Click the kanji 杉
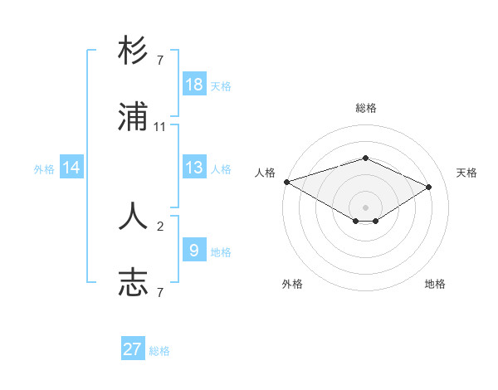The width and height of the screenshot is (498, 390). tap(133, 52)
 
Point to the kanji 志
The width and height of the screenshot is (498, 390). tap(133, 282)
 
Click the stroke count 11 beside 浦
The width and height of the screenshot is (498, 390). tap(160, 127)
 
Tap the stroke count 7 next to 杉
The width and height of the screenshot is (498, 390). tap(160, 61)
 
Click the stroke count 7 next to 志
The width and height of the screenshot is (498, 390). tap(160, 292)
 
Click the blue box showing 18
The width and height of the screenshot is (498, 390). tap(194, 85)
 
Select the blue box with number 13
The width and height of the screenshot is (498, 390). tap(194, 168)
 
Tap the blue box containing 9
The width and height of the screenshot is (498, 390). tap(194, 250)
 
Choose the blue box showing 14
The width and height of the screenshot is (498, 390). tap(71, 168)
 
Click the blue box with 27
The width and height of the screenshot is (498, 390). tap(133, 349)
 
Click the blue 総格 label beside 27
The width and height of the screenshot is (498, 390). tap(159, 351)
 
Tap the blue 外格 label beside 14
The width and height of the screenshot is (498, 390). tap(44, 169)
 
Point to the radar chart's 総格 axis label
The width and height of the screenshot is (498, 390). tap(365, 108)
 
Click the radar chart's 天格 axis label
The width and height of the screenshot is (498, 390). tap(467, 173)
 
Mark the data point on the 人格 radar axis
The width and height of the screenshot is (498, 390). tap(286, 182)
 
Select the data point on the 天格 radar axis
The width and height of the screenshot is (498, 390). tap(429, 187)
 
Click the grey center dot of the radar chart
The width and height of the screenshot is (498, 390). tap(365, 207)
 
